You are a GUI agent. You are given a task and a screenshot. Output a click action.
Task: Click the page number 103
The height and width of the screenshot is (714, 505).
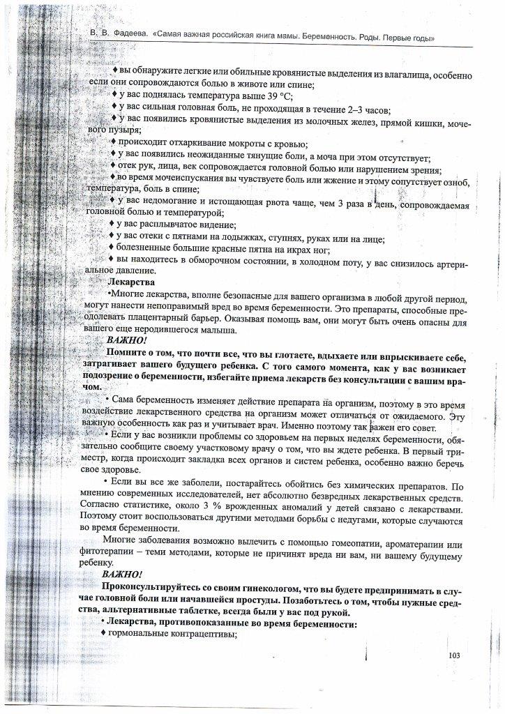pyautogui.click(x=453, y=655)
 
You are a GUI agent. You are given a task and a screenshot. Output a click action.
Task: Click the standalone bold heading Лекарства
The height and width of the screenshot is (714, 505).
pyautogui.click(x=133, y=283)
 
